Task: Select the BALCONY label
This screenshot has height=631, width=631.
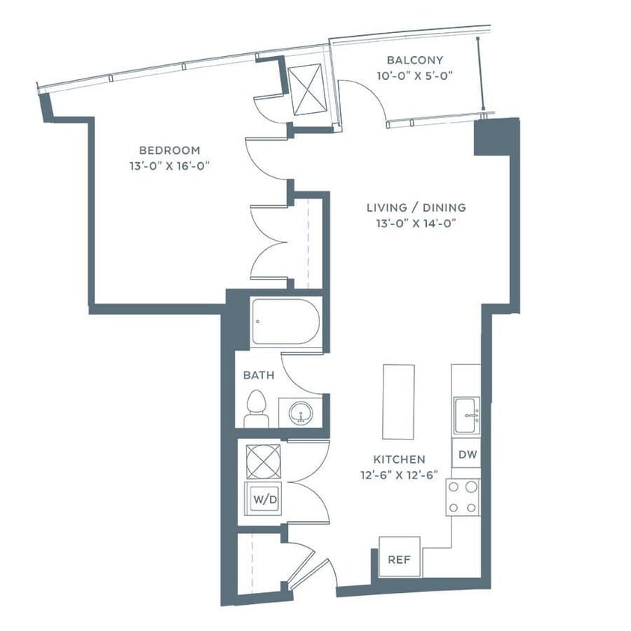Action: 415,60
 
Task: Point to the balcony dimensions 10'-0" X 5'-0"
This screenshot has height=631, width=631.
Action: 415,75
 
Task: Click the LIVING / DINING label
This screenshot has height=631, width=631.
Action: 416,207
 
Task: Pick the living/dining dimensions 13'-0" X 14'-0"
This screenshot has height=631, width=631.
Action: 416,223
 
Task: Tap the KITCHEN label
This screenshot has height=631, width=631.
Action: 400,459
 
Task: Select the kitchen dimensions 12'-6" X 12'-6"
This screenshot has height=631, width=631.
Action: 400,474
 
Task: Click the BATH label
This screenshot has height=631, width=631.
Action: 258,375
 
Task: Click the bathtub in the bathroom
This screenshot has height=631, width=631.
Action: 285,322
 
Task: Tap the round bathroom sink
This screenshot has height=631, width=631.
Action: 301,413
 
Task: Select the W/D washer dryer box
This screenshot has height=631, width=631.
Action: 263,499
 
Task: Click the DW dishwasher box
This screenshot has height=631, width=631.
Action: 466,454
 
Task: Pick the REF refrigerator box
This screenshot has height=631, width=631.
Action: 399,558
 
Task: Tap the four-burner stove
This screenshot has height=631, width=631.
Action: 463,496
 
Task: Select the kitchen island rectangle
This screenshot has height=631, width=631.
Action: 398,402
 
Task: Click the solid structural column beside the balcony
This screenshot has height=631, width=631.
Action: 496,136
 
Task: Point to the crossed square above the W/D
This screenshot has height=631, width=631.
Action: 263,461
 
